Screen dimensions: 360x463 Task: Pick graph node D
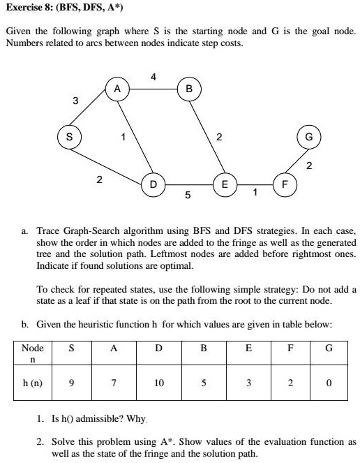(153, 184)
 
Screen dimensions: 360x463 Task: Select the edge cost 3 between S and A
(75, 102)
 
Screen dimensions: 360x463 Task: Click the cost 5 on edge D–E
(188, 196)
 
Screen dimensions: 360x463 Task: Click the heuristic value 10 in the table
(158, 384)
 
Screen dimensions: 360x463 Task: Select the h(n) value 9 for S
(69, 384)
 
